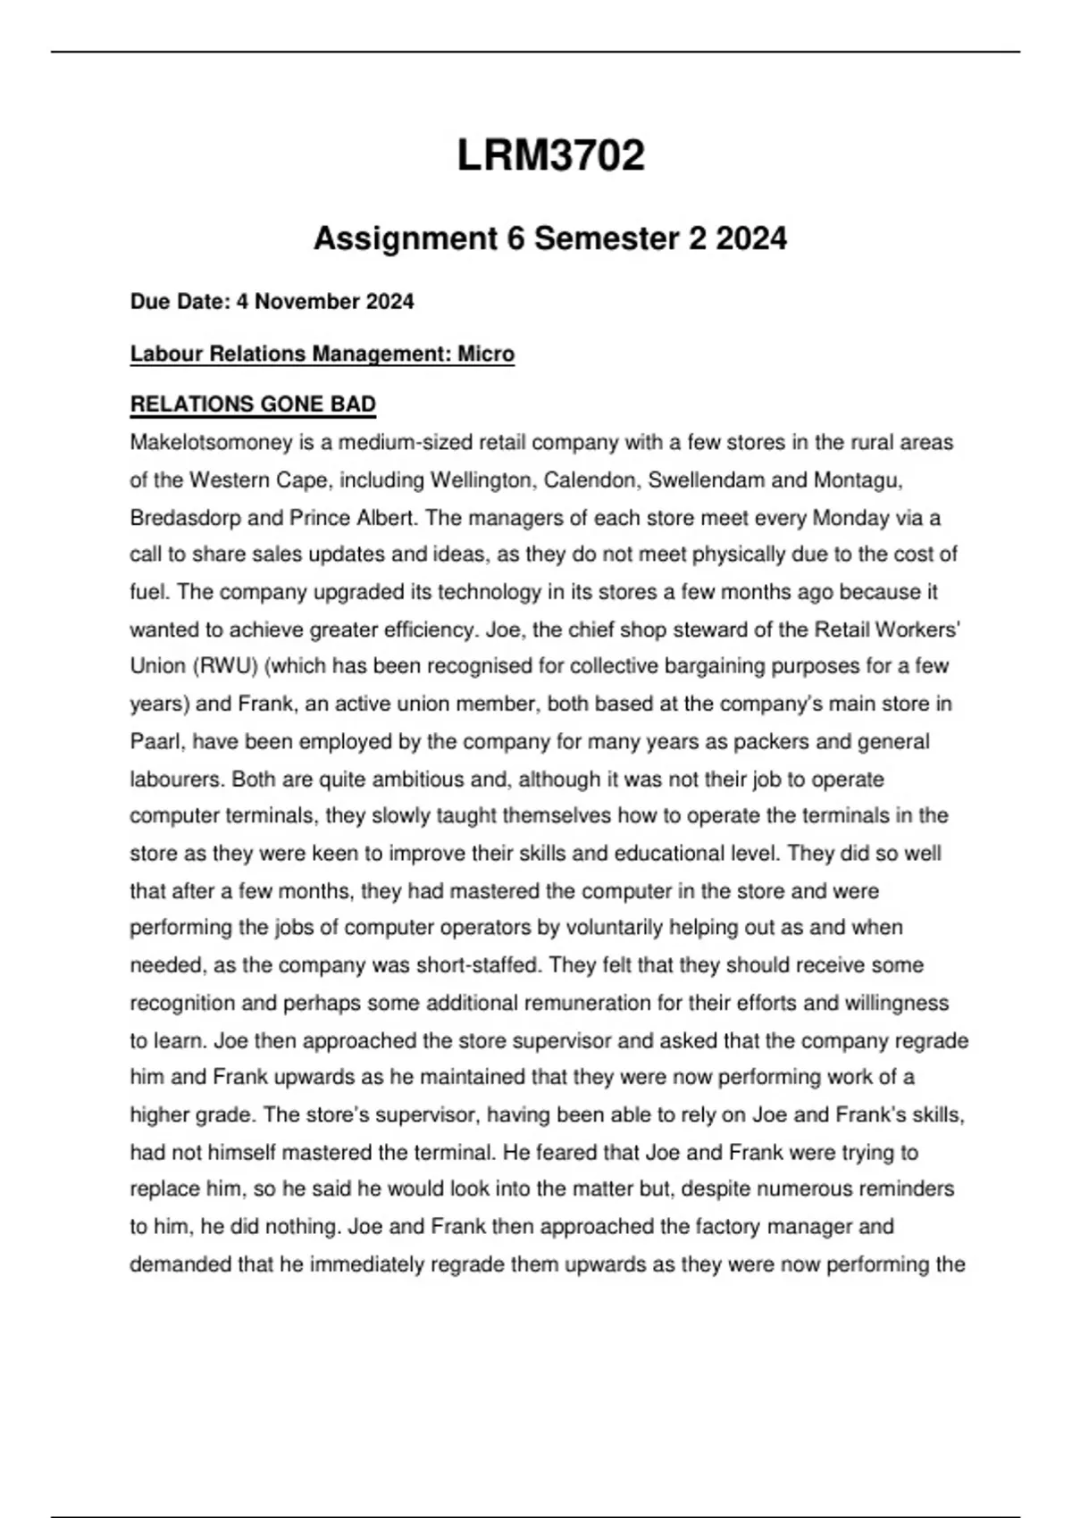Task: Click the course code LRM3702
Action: click(x=550, y=156)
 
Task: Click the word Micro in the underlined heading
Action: click(x=486, y=354)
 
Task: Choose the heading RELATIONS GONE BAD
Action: click(x=253, y=405)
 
